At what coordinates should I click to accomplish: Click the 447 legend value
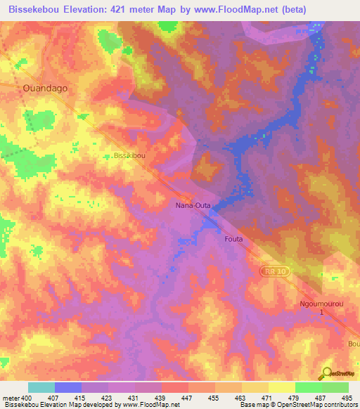coord(188,398)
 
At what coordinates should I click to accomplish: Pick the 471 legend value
coord(268,398)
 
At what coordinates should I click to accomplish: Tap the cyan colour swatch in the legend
coord(41,387)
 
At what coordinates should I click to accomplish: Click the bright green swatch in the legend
coord(308,387)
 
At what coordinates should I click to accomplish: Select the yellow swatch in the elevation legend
coord(255,387)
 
